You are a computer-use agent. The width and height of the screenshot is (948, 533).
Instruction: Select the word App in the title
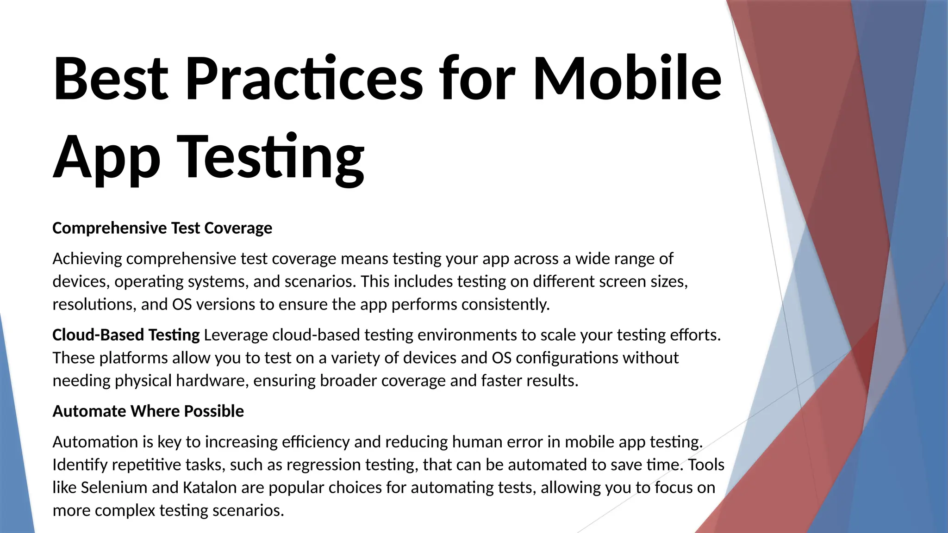click(x=106, y=157)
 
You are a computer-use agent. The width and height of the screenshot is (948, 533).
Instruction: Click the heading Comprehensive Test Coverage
click(x=162, y=228)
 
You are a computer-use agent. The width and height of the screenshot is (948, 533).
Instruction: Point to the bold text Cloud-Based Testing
click(x=126, y=335)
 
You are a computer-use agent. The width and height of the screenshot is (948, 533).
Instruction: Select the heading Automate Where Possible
click(x=148, y=411)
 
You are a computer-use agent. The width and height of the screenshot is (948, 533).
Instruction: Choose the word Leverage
click(x=236, y=335)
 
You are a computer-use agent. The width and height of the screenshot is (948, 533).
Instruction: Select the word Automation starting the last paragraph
click(x=95, y=441)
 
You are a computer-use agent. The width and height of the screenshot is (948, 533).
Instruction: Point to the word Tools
click(x=706, y=464)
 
